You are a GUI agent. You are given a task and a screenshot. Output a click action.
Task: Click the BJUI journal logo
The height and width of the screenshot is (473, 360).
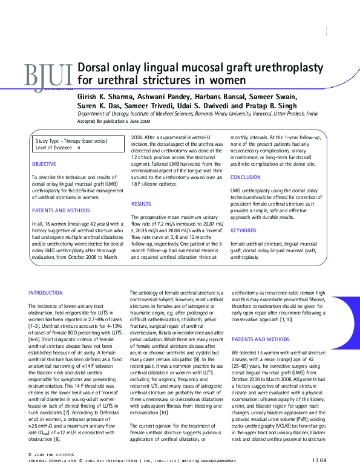[x=47, y=76]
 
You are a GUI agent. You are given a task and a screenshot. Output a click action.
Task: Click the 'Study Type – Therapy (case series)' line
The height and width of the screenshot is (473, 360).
[x=71, y=141]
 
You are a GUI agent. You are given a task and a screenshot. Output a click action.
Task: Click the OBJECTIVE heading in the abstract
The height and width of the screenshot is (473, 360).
[x=44, y=164]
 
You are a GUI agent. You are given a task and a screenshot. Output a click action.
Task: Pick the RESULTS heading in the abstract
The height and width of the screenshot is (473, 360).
[x=141, y=204]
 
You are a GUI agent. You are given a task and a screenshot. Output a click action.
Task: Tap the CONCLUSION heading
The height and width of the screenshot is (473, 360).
[x=246, y=177]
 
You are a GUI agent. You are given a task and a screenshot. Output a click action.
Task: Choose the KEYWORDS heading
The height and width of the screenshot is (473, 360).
[x=243, y=230]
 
